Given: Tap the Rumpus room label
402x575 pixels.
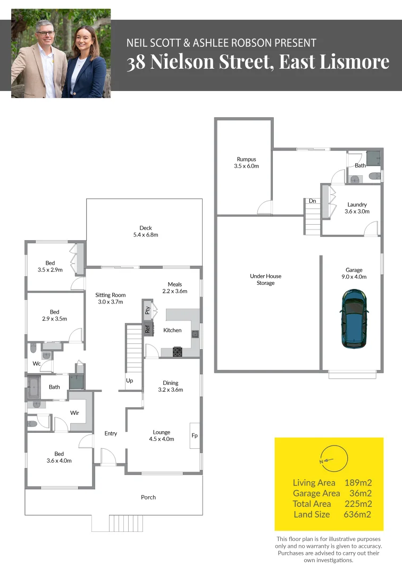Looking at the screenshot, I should coord(246,162).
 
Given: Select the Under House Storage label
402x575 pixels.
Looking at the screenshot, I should coord(266,280).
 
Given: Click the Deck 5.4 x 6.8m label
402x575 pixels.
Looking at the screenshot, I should coord(145,231).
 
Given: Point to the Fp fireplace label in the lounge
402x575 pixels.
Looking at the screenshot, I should coord(195,436).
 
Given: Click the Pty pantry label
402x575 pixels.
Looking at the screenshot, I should coord(148,309).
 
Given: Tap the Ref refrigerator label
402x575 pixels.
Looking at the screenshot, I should coord(148,330).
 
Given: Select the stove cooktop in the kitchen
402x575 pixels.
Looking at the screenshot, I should coord(178,351).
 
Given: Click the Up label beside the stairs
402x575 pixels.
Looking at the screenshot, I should coord(129,381).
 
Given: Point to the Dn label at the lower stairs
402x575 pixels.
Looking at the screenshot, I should coord(313,201).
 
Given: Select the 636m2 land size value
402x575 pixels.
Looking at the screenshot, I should coord(358,514).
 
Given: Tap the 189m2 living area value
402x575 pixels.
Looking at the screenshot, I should coord(358,482).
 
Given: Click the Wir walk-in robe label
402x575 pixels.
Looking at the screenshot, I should coord(75,413).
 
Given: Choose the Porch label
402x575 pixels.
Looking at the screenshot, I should coord(148,497).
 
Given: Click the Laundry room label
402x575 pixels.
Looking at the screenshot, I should coord(357,208).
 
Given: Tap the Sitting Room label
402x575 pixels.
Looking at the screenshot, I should coord(111,298).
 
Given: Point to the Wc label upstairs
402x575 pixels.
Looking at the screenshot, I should coord(37,364).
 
